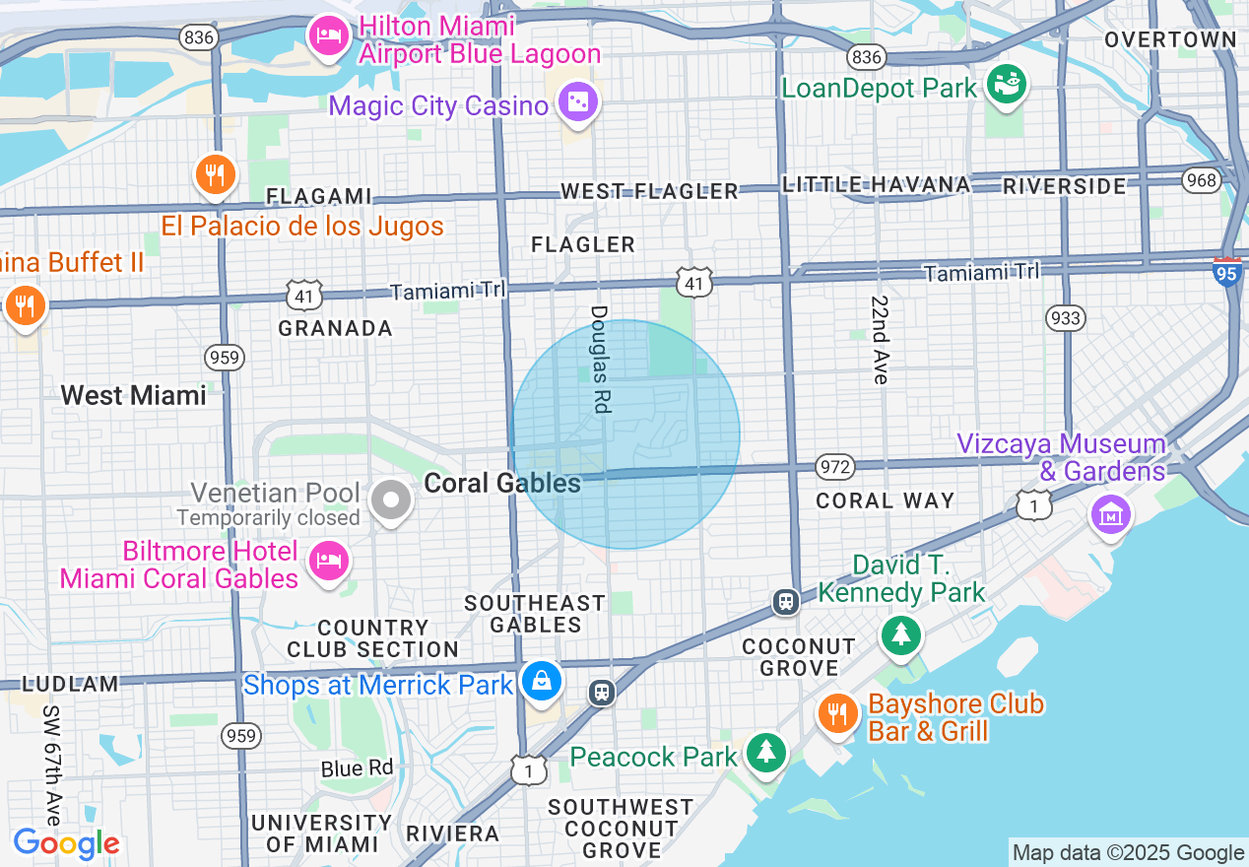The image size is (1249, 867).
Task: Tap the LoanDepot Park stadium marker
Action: pos(1006,83)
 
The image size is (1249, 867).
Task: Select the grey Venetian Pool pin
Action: pos(391,500)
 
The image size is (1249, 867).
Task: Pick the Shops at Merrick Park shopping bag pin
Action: pos(541,681)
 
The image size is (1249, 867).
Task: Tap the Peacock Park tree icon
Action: pos(765,753)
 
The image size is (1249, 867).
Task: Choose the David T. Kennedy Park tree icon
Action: pos(900,634)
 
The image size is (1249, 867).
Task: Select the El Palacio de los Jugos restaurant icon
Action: pos(214,175)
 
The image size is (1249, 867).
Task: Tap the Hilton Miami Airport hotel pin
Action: pos(327,36)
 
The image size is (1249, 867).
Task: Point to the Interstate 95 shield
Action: pos(1227,271)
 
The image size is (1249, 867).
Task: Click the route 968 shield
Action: pos(1202,180)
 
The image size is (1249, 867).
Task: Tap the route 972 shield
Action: pos(835,466)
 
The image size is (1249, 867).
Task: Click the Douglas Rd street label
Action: pos(601,359)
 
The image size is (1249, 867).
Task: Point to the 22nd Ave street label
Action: pos(880,339)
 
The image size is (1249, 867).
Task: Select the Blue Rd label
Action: pos(357,767)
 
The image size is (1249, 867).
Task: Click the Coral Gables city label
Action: pos(502,483)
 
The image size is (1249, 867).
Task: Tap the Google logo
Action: pos(66,843)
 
